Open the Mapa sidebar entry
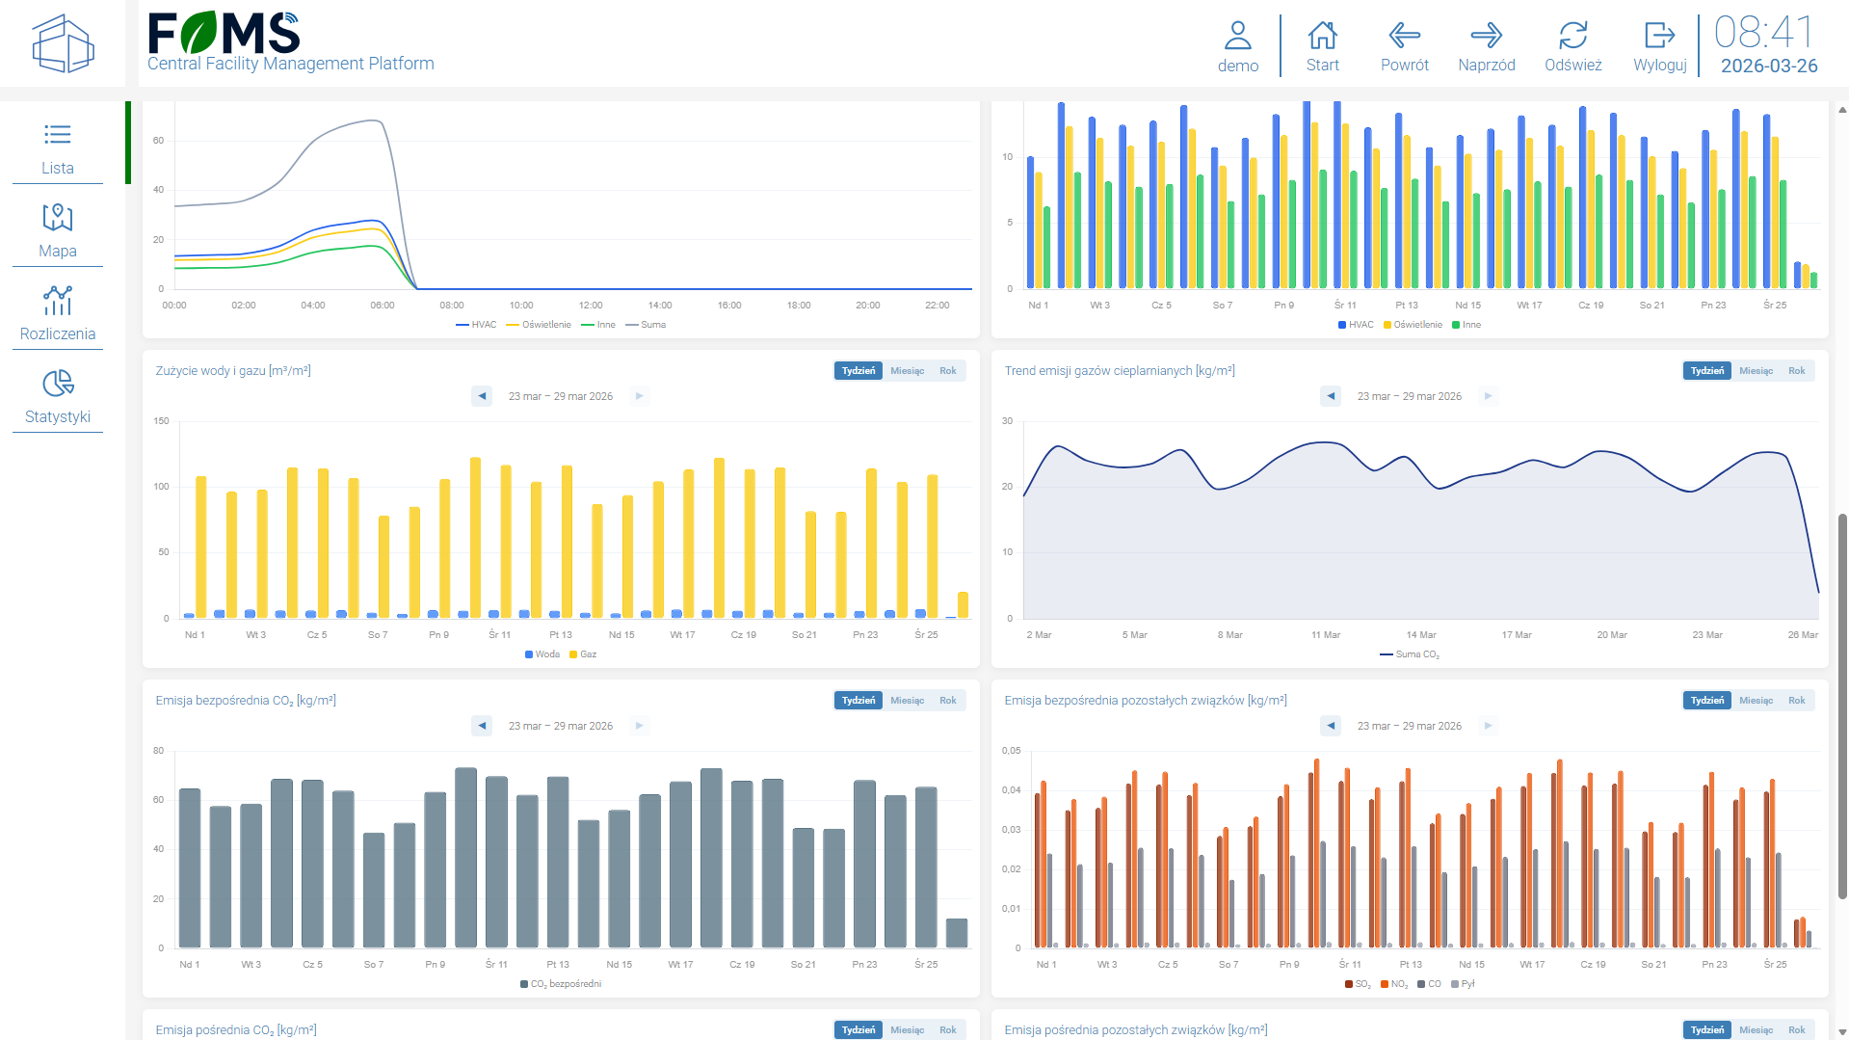pyautogui.click(x=58, y=230)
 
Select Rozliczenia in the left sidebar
pyautogui.click(x=58, y=313)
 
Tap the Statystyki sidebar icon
pyautogui.click(x=58, y=396)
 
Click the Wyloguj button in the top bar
pyautogui.click(x=1659, y=46)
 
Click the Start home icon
pyautogui.click(x=1322, y=46)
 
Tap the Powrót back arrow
pyautogui.click(x=1404, y=46)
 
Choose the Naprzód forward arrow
pyautogui.click(x=1486, y=46)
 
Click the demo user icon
pyautogui.click(x=1237, y=46)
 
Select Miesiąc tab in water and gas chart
pyautogui.click(x=907, y=371)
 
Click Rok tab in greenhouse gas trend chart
pyautogui.click(x=1796, y=371)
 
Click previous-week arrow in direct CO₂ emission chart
pyautogui.click(x=483, y=726)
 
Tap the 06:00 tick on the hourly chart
pyautogui.click(x=383, y=306)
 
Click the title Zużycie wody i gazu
pyautogui.click(x=233, y=371)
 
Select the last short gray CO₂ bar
pyautogui.click(x=956, y=932)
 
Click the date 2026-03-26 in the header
pyautogui.click(x=1768, y=66)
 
